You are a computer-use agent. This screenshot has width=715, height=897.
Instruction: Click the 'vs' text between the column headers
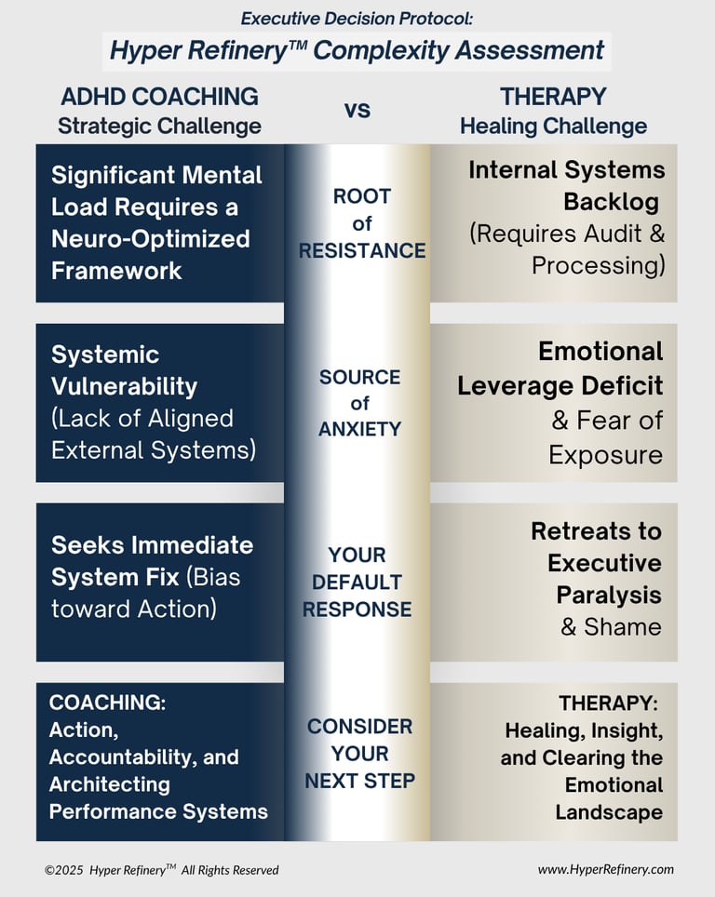(357, 111)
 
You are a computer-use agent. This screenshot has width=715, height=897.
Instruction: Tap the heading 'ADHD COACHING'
(159, 96)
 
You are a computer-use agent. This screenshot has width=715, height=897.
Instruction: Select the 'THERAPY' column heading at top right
(553, 96)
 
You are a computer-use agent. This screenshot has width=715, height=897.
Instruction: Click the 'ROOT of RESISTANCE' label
(361, 223)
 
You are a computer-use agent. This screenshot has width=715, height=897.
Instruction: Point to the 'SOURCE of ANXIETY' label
(360, 403)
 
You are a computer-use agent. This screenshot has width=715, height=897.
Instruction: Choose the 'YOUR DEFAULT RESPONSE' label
(357, 582)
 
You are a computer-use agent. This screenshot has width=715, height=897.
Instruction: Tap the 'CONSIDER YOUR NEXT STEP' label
(359, 754)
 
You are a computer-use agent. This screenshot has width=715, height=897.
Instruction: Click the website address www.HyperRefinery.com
(605, 869)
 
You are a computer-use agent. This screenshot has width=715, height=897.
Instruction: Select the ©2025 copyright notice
(161, 870)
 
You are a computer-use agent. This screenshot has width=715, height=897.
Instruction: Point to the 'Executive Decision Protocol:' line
(357, 18)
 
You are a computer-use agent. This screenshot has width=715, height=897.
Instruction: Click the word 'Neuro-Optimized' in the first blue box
(151, 238)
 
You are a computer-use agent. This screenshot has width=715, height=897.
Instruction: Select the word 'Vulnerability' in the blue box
(124, 386)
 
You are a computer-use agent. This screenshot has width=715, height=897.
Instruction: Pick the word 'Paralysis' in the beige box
(609, 595)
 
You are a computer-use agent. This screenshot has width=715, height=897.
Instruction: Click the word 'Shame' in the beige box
(623, 626)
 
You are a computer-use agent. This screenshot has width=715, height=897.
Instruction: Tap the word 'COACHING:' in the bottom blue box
(107, 703)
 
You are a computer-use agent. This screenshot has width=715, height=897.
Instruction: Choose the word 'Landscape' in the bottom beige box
(609, 811)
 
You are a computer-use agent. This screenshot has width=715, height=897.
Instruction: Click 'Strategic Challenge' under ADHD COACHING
(159, 126)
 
